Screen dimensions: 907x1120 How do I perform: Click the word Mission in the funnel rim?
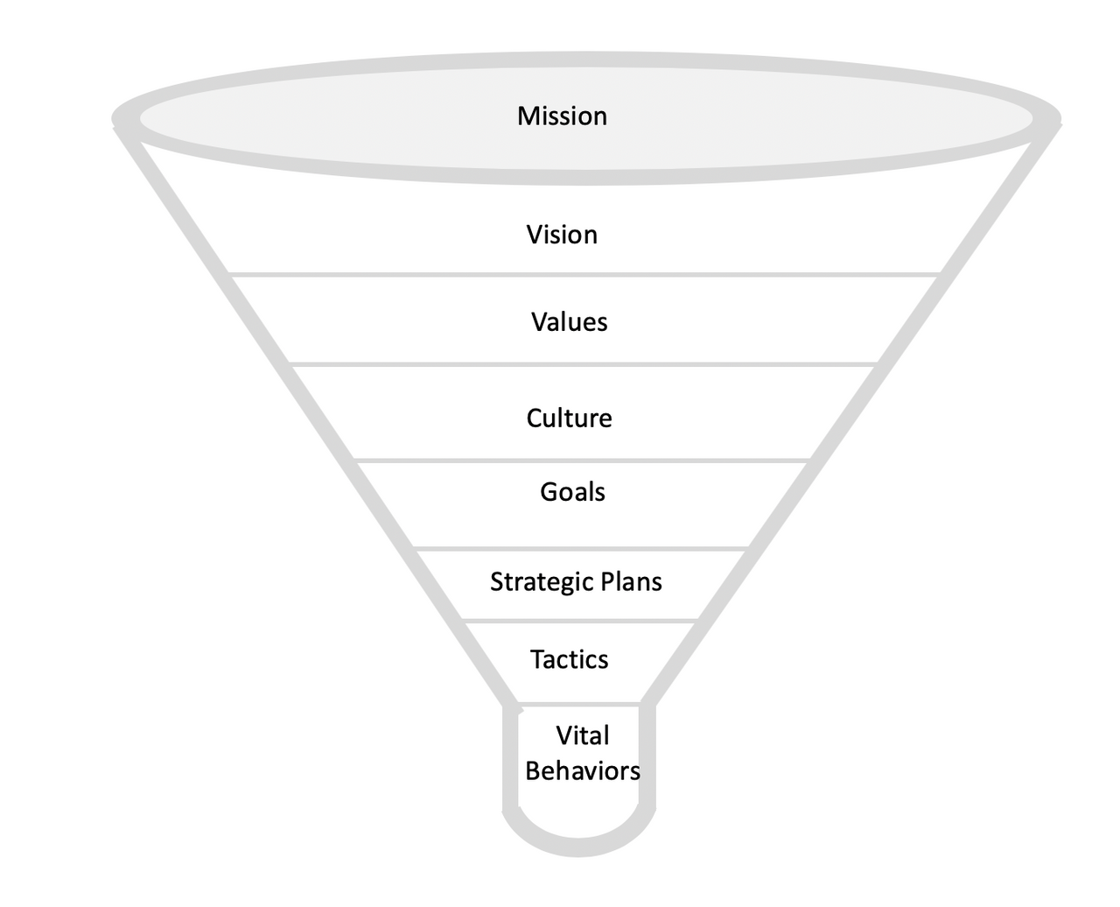tap(562, 116)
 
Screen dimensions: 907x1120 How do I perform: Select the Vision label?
tap(562, 235)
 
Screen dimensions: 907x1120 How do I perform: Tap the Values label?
tap(569, 322)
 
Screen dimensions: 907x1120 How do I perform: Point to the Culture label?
tap(569, 418)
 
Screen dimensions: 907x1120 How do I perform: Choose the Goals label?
tap(572, 492)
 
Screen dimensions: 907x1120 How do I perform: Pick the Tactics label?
tap(569, 659)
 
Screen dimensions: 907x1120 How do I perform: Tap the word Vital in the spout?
tap(583, 735)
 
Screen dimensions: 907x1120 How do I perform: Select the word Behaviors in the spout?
tap(583, 771)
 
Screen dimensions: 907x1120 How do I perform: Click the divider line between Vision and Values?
tap(583, 275)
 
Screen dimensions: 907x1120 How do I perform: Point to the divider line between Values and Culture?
tap(583, 363)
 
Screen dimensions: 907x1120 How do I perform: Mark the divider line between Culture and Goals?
tap(583, 460)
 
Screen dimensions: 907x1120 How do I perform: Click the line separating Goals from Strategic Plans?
tap(583, 549)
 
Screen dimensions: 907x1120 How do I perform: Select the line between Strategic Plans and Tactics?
tap(578, 621)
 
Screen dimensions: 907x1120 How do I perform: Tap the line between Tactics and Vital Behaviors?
tap(578, 703)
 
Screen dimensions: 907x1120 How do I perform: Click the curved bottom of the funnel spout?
tap(578, 847)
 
